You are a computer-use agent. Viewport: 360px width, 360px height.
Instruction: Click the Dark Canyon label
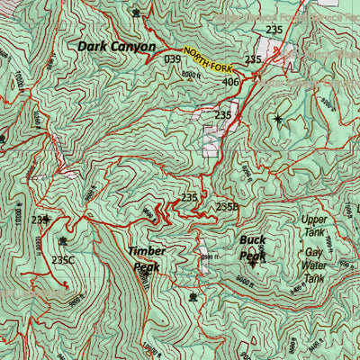tap(116, 46)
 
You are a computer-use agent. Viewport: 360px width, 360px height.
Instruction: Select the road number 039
tap(174, 59)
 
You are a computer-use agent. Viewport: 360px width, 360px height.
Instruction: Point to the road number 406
tap(230, 83)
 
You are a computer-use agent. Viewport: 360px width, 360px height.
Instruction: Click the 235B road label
tap(228, 207)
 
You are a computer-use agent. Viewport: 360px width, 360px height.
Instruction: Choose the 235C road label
tap(63, 260)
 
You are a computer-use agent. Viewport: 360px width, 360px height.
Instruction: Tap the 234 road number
tap(40, 220)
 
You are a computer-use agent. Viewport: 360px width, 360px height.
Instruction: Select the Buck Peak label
tap(252, 247)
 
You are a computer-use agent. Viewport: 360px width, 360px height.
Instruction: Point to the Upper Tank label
tap(314, 225)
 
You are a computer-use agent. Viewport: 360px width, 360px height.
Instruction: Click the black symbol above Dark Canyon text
tap(136, 13)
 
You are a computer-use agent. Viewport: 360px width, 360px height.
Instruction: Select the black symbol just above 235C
tap(62, 241)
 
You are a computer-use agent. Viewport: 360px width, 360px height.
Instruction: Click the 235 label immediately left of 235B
tap(189, 197)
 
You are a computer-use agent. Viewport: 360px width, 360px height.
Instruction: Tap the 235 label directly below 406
tap(223, 115)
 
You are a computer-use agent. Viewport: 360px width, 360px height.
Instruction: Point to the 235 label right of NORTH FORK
tap(254, 59)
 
